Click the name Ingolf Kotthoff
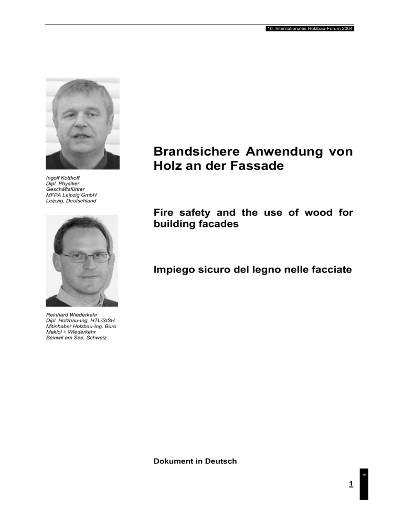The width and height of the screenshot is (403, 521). tap(65, 179)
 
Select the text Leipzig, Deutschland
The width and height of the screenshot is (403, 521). tap(71, 200)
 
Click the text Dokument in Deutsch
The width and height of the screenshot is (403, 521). tap(195, 461)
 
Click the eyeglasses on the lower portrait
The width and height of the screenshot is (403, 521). tap(84, 257)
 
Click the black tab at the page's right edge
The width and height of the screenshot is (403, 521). tap(364, 484)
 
